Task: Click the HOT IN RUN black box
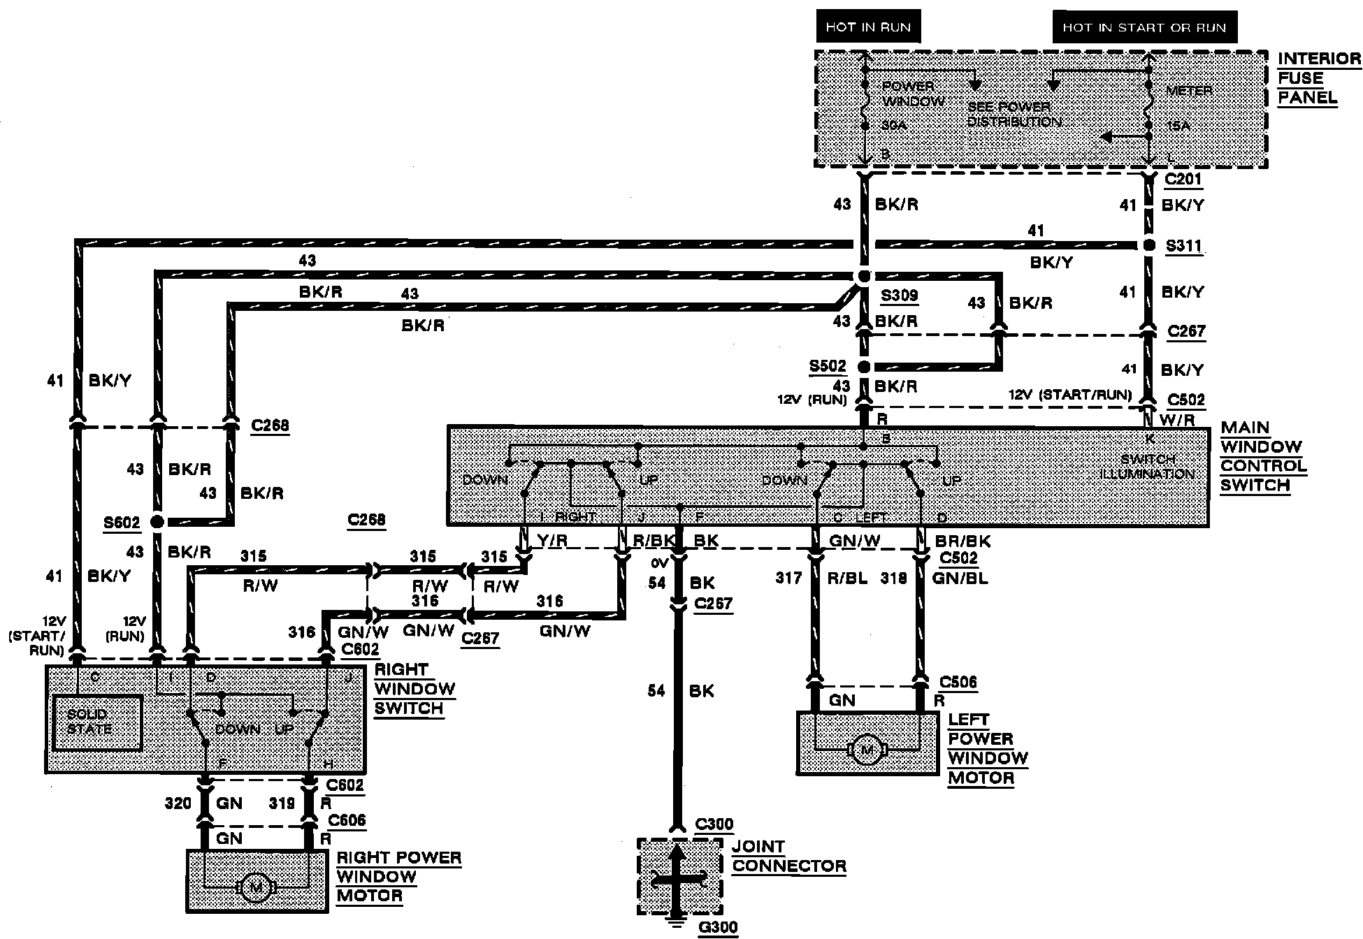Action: [868, 28]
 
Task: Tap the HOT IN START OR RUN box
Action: [1144, 28]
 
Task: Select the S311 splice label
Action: [1183, 247]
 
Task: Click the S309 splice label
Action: [899, 296]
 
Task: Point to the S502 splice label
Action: [828, 366]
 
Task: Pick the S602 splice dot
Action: [157, 522]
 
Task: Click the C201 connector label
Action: [1183, 180]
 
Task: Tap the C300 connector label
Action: [714, 824]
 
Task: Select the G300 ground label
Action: [718, 927]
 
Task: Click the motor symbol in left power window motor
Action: [867, 750]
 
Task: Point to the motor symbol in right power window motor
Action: [256, 887]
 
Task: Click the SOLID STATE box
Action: [97, 722]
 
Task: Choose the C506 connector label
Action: [958, 683]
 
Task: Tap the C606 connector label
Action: [347, 820]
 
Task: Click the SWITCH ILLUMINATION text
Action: [1148, 467]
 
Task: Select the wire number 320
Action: [178, 803]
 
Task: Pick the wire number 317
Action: [788, 578]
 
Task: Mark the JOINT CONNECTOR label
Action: [789, 857]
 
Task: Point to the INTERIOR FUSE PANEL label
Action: [1319, 78]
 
